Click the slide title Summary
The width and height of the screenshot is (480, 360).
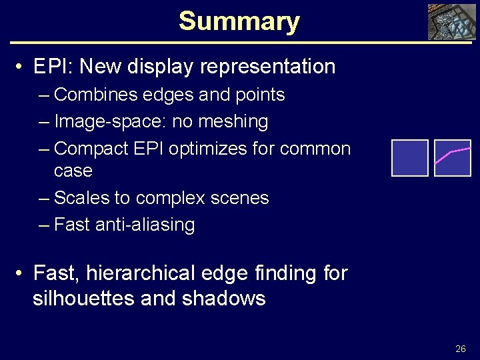pos(239,21)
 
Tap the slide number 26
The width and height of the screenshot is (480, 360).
pos(461,349)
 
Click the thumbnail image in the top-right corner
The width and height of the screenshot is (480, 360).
pos(451,22)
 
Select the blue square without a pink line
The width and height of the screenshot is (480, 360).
pos(409,158)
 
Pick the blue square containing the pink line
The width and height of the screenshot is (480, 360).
pos(453,158)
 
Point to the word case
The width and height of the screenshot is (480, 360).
pos(73,171)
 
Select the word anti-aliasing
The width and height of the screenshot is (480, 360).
pos(145,225)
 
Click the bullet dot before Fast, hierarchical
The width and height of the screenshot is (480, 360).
pos(22,273)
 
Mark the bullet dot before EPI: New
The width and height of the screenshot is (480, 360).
pos(22,67)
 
